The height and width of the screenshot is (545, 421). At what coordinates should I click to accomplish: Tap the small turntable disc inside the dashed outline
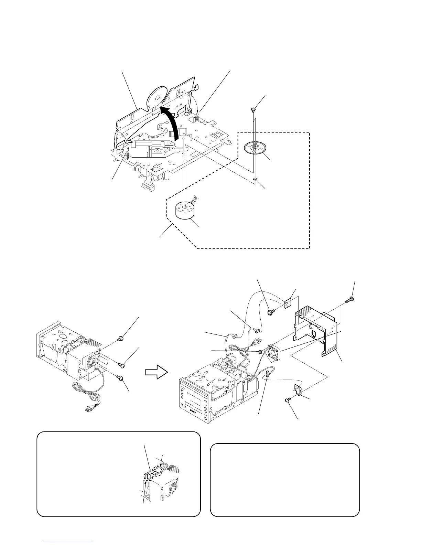pos(255,148)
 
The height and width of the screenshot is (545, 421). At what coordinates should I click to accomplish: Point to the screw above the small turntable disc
pos(253,110)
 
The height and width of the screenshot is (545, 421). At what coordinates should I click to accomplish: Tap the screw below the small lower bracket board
pos(288,399)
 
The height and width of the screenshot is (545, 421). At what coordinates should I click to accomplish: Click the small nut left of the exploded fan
pos(260,351)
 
